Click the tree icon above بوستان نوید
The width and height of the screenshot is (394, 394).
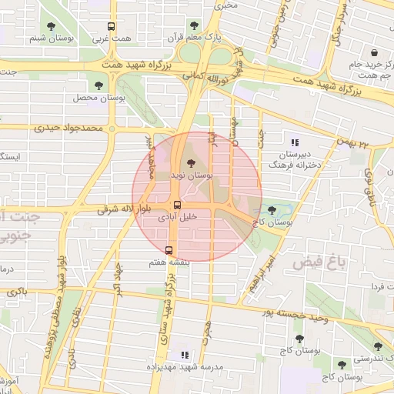point(191,163)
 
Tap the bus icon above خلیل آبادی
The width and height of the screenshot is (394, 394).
point(178,205)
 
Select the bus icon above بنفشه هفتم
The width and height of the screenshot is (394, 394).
point(169,250)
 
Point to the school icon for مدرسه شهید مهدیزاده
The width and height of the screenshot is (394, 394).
point(184,355)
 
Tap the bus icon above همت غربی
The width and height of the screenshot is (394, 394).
point(112,26)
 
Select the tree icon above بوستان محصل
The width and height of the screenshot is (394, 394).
point(98,85)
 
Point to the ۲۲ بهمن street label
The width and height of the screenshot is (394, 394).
point(353,142)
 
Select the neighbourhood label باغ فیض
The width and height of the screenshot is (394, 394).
point(316,262)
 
